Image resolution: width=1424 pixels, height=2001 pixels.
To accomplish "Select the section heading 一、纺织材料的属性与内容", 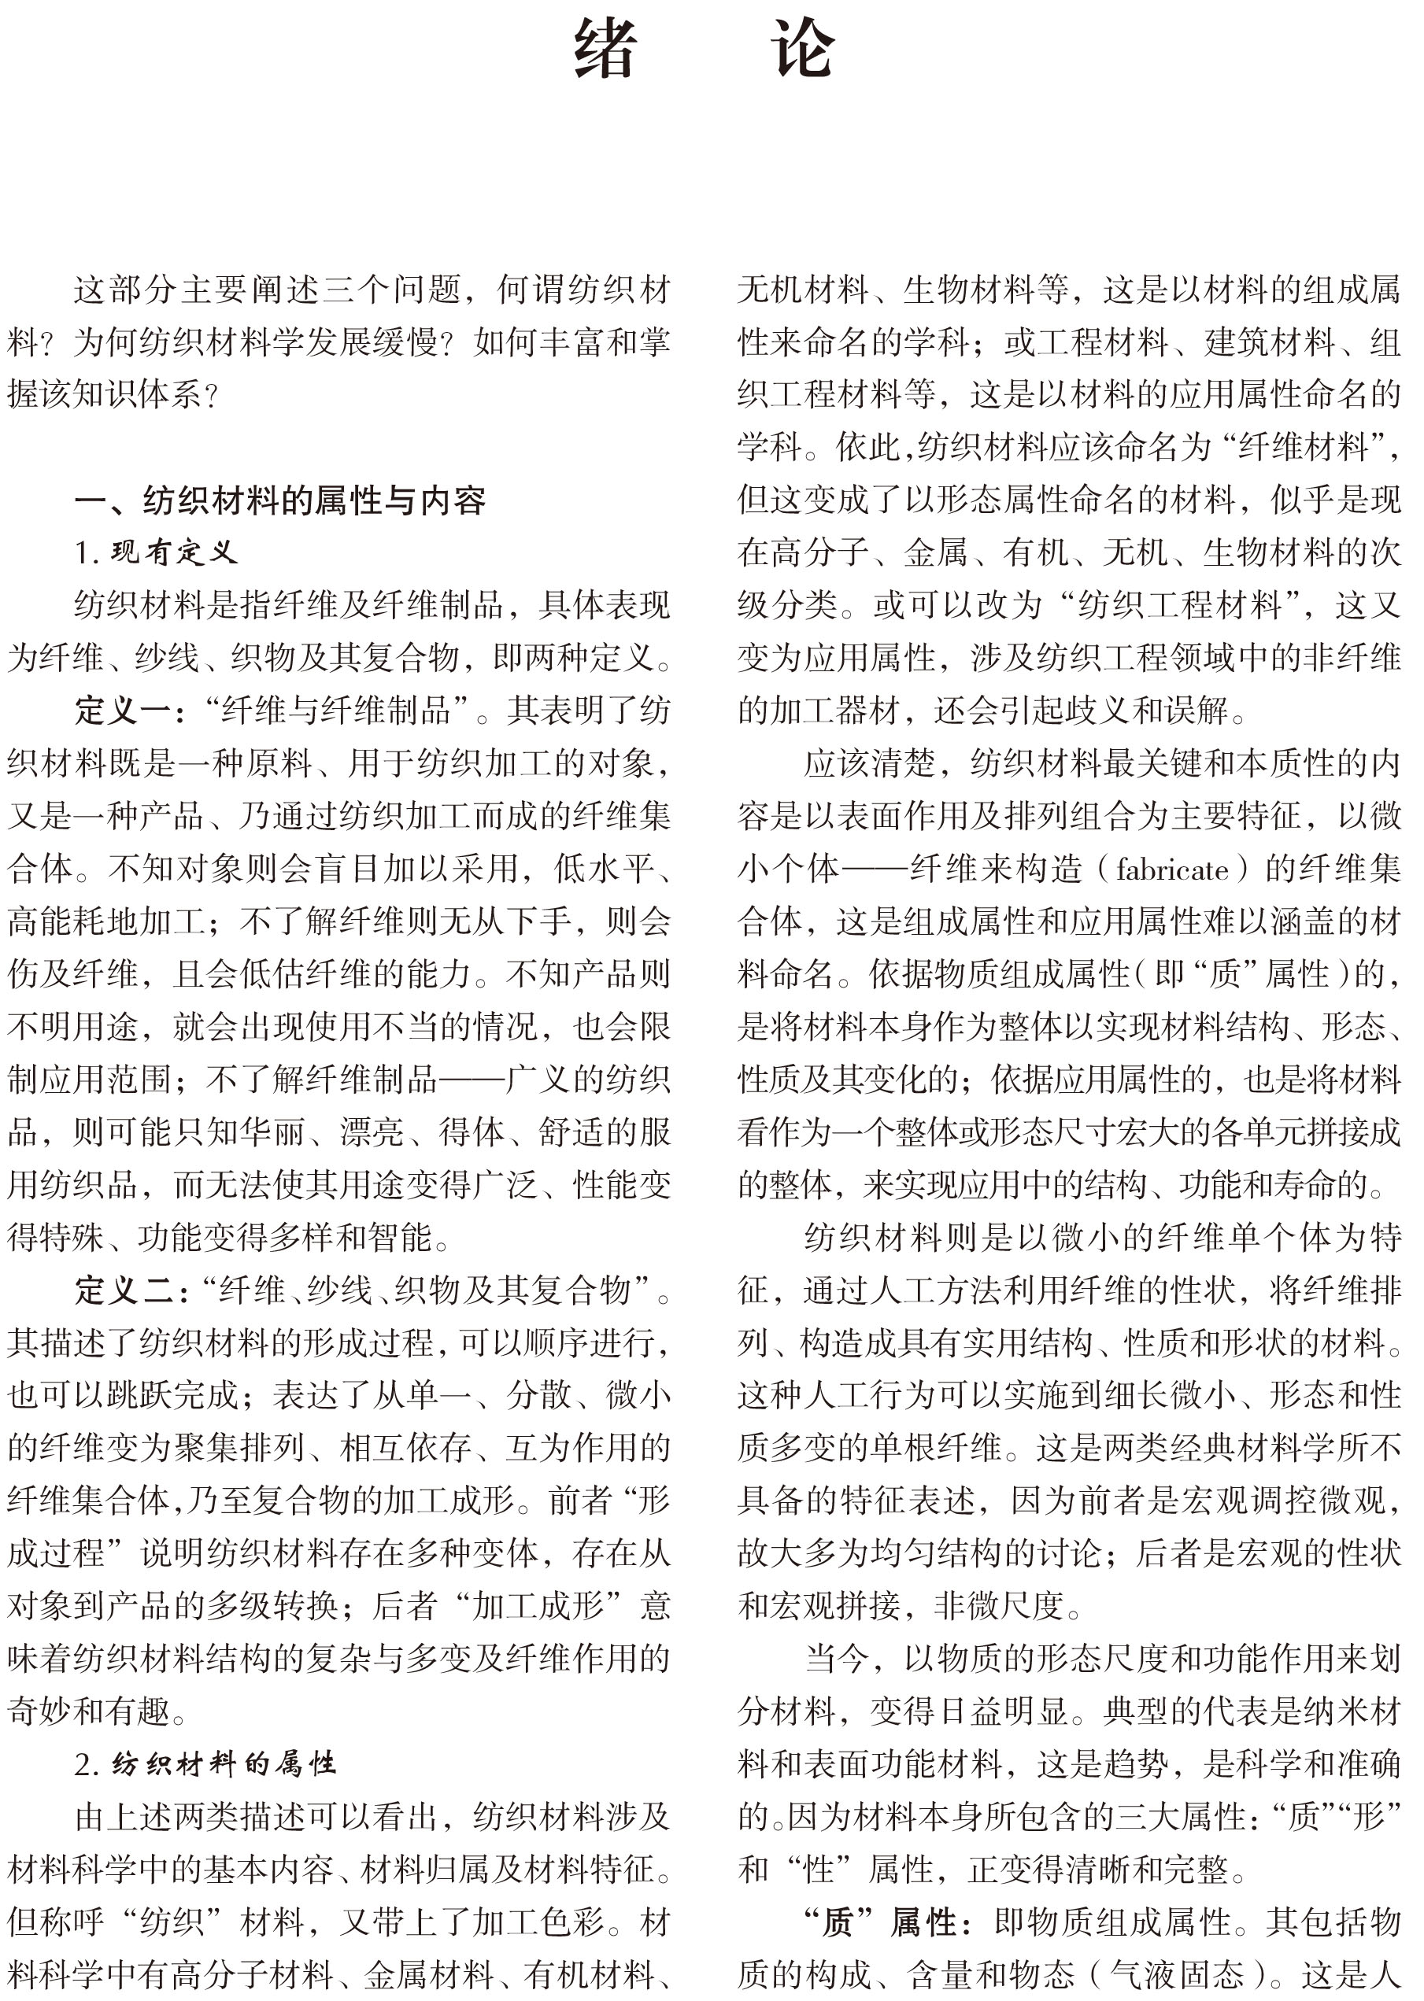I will (x=279, y=500).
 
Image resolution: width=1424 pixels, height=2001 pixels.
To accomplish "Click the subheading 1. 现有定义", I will (x=156, y=552).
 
